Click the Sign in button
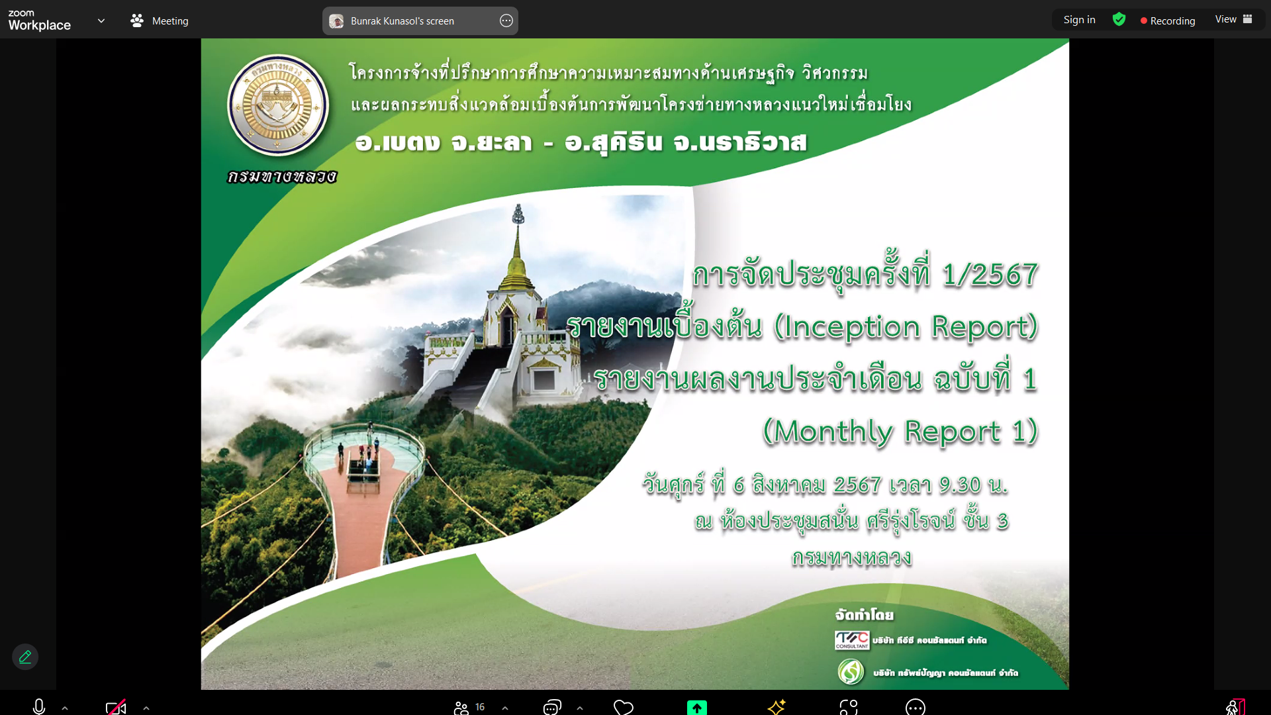[1079, 20]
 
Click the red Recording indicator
[1168, 21]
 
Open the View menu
[1233, 19]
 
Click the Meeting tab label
[170, 21]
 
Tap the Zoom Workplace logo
[39, 21]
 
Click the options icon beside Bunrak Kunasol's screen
[506, 21]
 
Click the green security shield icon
[1119, 19]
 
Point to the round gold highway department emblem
[278, 105]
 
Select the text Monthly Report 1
[900, 432]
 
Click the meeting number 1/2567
[990, 274]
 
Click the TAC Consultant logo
[852, 640]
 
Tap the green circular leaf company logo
[851, 671]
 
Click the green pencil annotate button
[25, 657]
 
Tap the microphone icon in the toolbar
[39, 707]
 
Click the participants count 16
[480, 707]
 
